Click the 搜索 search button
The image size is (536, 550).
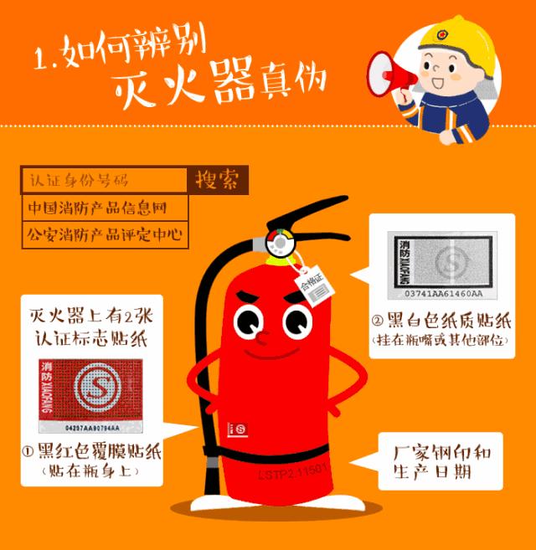pos(216,180)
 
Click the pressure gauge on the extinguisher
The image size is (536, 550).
pos(278,244)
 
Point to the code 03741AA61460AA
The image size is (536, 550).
pos(442,296)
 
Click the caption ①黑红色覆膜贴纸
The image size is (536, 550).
pos(90,453)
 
